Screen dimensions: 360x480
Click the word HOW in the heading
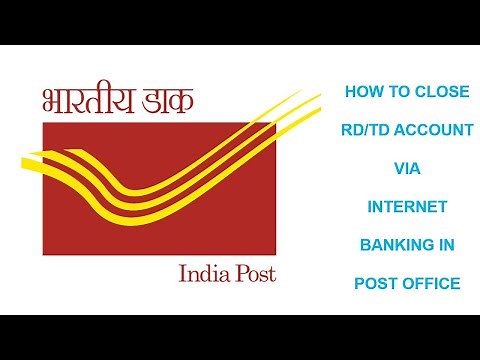tap(362, 91)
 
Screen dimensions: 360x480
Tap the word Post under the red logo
tap(252, 273)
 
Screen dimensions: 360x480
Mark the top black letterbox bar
tap(240, 22)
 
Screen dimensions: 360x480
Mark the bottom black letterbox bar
tap(240, 337)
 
